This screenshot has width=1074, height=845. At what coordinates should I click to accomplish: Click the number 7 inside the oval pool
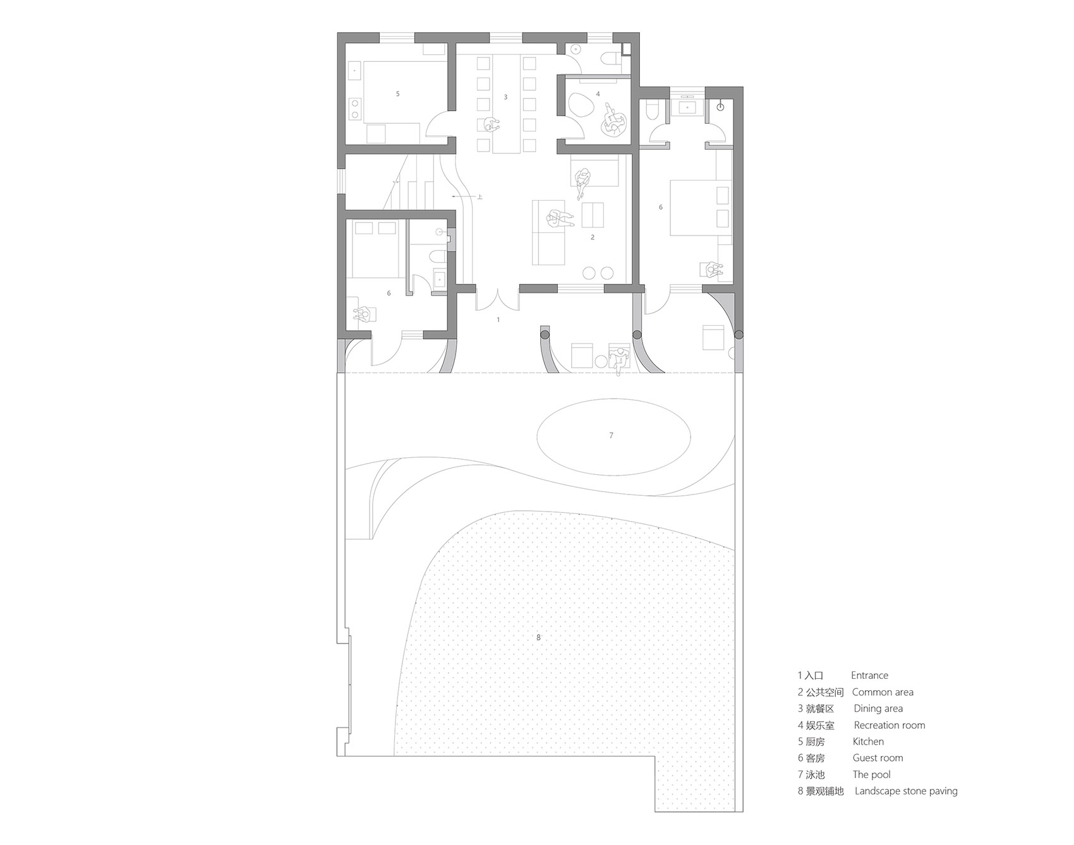[x=611, y=435]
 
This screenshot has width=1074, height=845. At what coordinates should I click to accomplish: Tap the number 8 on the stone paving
[x=538, y=637]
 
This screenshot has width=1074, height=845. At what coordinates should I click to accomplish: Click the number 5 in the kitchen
[x=397, y=93]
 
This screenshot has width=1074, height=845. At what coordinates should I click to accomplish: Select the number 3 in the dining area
[x=505, y=97]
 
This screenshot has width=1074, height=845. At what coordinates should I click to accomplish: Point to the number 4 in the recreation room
[x=598, y=94]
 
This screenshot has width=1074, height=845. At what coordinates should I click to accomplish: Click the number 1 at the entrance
[x=498, y=320]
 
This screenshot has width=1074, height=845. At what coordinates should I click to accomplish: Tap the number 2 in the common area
[x=592, y=237]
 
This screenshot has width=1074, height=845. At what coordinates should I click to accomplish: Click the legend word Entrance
[x=869, y=675]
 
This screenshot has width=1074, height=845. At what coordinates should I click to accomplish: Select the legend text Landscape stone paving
[x=906, y=791]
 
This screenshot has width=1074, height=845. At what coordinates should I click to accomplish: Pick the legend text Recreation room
[x=889, y=725]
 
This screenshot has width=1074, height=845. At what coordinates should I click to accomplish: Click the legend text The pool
[x=871, y=774]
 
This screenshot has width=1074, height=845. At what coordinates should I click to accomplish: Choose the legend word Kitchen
[x=868, y=741]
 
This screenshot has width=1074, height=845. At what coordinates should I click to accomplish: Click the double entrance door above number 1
[x=498, y=299]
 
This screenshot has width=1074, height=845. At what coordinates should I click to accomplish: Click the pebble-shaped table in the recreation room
[x=582, y=105]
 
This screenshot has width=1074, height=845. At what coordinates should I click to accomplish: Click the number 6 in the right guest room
[x=661, y=207]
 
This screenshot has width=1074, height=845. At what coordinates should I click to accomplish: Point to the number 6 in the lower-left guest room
[x=389, y=293]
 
